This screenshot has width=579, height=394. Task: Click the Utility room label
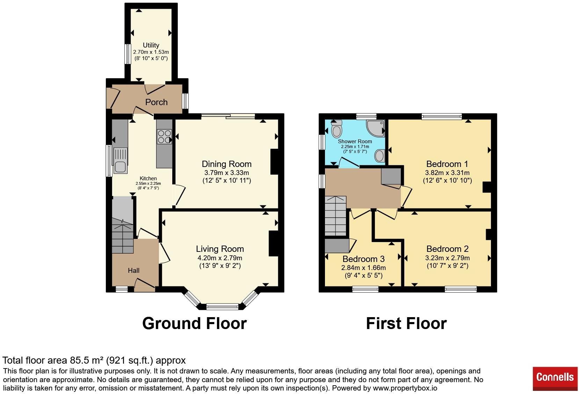[x=151, y=45]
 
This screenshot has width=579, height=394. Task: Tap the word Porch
[x=157, y=102]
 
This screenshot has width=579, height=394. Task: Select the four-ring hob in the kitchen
[x=164, y=137]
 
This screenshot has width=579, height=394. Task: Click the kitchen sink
[x=120, y=160]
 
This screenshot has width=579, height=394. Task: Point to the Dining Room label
[x=227, y=164]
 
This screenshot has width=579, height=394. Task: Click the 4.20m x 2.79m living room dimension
[x=220, y=258]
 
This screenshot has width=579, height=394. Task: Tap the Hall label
[x=133, y=270]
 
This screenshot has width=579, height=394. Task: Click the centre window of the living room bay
[x=222, y=307]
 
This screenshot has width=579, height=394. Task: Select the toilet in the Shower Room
[x=336, y=129]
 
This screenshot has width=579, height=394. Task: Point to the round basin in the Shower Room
[x=380, y=156]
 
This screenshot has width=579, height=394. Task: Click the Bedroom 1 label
[x=447, y=164]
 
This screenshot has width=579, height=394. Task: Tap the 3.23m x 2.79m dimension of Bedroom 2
[x=447, y=258]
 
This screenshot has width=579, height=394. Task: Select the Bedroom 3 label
[x=363, y=259]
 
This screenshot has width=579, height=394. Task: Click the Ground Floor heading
[x=194, y=323]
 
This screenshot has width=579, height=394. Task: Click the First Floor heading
[x=406, y=323]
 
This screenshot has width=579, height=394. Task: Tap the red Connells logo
[x=555, y=379]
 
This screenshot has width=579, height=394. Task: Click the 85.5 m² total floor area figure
[x=87, y=360]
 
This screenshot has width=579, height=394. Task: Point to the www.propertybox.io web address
[x=405, y=388]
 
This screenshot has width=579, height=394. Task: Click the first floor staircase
[x=335, y=216]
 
